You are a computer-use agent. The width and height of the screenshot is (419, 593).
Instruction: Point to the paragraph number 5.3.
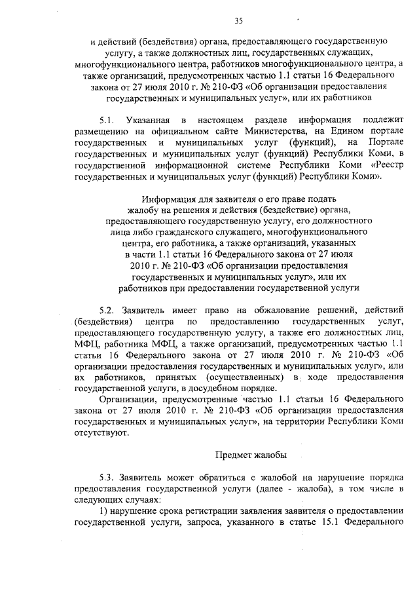pos(107,478)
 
